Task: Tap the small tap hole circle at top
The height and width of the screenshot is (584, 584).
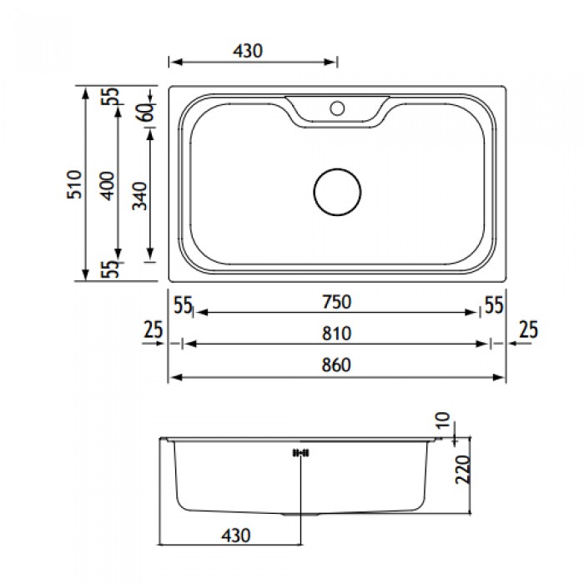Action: [x=337, y=108]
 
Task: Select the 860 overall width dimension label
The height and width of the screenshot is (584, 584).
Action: [x=336, y=365]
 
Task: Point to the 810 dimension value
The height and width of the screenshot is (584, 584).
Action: [x=336, y=334]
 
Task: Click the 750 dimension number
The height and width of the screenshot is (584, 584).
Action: [x=337, y=302]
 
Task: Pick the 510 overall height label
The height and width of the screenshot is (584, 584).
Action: [x=74, y=184]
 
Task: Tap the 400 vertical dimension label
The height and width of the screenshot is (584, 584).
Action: [x=108, y=186]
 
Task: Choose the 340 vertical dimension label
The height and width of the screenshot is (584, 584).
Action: [x=139, y=196]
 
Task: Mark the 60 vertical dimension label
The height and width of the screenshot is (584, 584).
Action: [x=145, y=112]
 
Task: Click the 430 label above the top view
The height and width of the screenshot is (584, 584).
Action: [x=248, y=51]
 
